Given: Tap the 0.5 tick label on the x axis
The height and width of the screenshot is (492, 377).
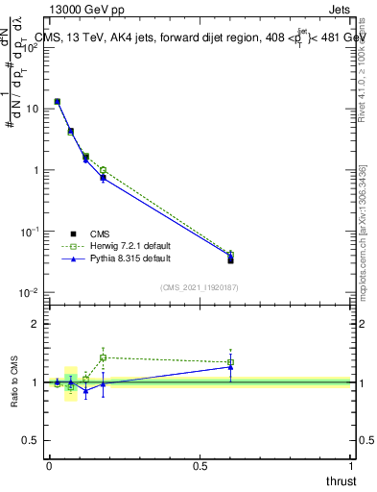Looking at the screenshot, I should click(200, 467).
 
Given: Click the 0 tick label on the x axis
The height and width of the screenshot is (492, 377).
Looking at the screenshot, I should click(49, 467).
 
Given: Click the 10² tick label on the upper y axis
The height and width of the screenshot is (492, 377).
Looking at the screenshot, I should click(31, 47).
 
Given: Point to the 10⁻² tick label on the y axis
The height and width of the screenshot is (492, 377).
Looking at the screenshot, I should click(31, 293).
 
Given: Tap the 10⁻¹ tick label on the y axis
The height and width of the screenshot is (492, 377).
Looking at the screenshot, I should click(31, 232).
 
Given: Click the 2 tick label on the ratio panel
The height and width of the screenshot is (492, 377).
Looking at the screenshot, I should click(35, 324).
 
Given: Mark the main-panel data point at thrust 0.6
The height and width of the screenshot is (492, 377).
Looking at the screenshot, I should click(230, 259).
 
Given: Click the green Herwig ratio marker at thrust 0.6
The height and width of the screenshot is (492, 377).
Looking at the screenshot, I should click(230, 362).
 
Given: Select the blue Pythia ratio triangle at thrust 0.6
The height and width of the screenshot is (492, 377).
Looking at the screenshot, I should click(230, 367).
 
